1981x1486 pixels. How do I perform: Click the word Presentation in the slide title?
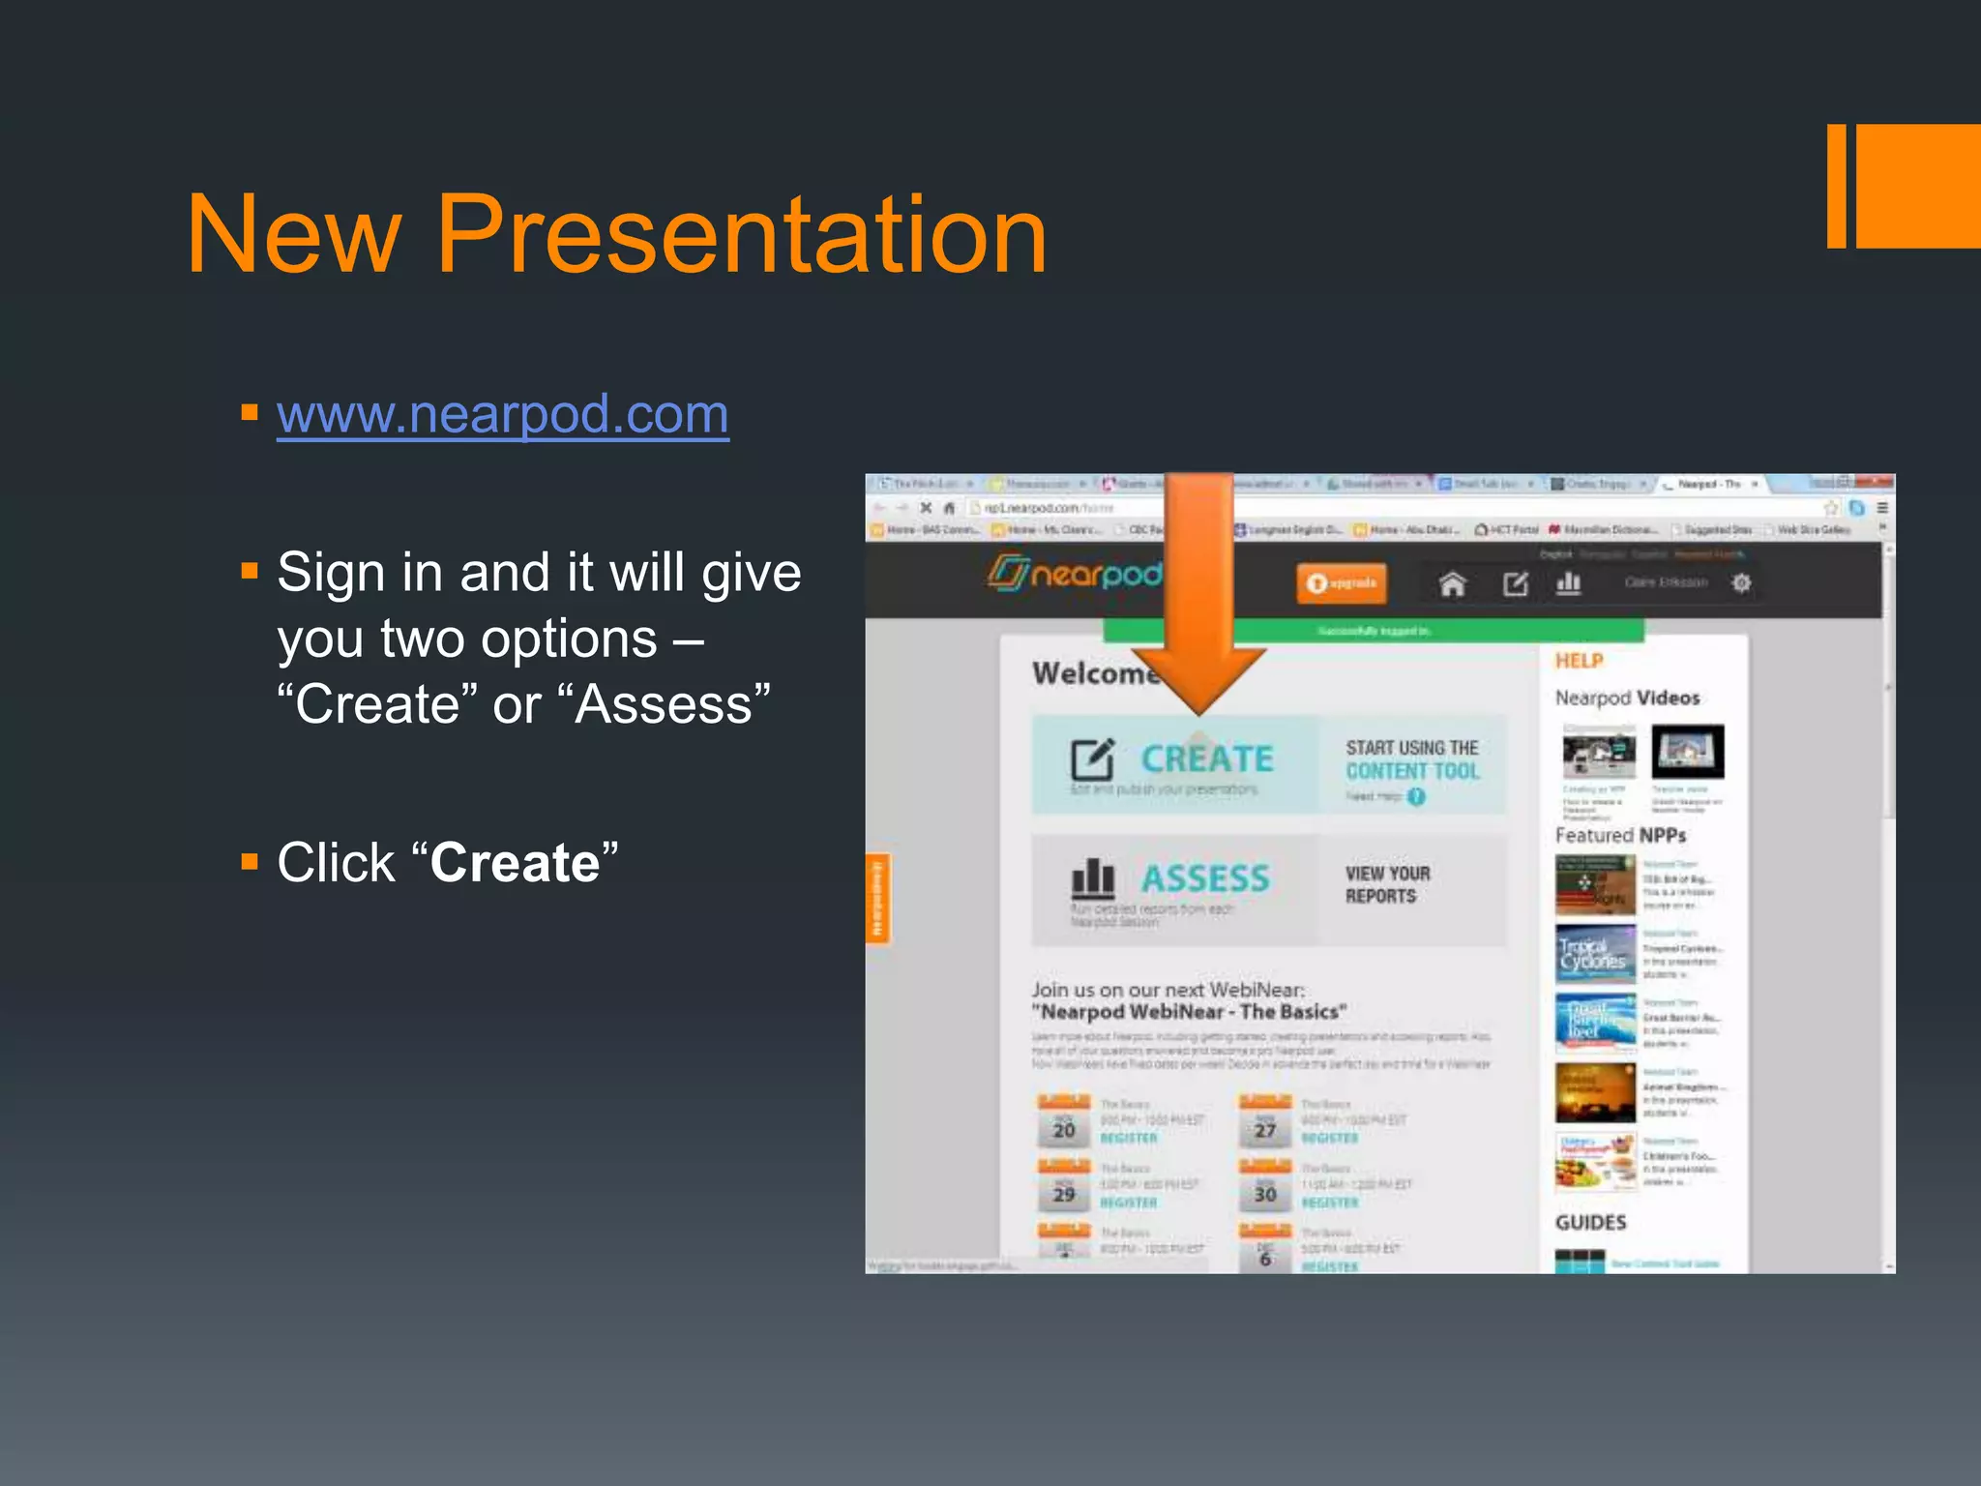tap(741, 234)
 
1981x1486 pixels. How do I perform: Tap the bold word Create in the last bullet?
tap(515, 862)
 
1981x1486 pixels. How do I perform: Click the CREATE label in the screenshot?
tap(1207, 758)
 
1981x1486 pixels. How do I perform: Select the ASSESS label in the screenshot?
tap(1205, 878)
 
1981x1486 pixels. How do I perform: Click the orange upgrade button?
tap(1341, 582)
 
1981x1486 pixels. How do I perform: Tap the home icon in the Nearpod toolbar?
tap(1452, 583)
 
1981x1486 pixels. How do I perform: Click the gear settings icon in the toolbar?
tap(1741, 582)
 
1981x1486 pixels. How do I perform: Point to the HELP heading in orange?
tap(1579, 661)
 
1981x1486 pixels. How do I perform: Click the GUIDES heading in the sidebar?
tap(1590, 1222)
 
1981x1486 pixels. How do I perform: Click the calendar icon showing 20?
tap(1064, 1122)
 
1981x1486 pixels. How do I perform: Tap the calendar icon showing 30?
tap(1265, 1187)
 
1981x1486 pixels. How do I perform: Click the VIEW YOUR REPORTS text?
tap(1387, 884)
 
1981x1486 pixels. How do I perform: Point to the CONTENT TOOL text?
tap(1412, 771)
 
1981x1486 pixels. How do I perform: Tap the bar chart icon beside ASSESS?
tap(1093, 878)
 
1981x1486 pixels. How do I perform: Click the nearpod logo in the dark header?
tap(1074, 574)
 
